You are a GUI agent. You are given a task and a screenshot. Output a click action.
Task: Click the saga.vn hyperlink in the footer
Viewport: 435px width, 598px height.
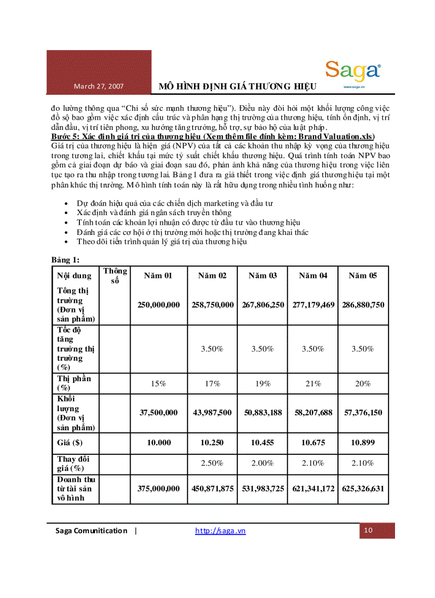click(220, 530)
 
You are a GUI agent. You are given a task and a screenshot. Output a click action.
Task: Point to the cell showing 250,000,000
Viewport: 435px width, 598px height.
click(158, 305)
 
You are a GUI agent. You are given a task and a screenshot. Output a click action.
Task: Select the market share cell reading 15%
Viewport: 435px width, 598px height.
click(158, 383)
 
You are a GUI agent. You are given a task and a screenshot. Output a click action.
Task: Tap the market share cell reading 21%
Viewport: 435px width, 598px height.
click(312, 383)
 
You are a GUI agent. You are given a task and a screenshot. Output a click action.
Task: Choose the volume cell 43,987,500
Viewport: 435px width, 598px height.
click(212, 413)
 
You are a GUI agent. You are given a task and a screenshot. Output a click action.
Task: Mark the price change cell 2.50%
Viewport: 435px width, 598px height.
click(212, 463)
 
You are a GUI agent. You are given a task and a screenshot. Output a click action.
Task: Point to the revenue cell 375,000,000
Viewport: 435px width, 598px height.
click(158, 488)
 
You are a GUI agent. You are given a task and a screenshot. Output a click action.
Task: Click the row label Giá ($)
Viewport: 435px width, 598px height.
click(70, 443)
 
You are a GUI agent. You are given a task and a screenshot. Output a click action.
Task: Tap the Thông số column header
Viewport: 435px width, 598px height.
click(115, 275)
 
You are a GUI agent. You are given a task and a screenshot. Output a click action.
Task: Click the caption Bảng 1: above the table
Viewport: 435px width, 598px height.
click(66, 260)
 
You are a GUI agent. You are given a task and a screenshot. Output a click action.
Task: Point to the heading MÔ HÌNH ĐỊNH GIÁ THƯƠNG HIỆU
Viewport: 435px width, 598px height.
click(238, 86)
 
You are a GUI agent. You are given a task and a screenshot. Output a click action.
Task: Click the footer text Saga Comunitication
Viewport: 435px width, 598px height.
click(92, 530)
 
